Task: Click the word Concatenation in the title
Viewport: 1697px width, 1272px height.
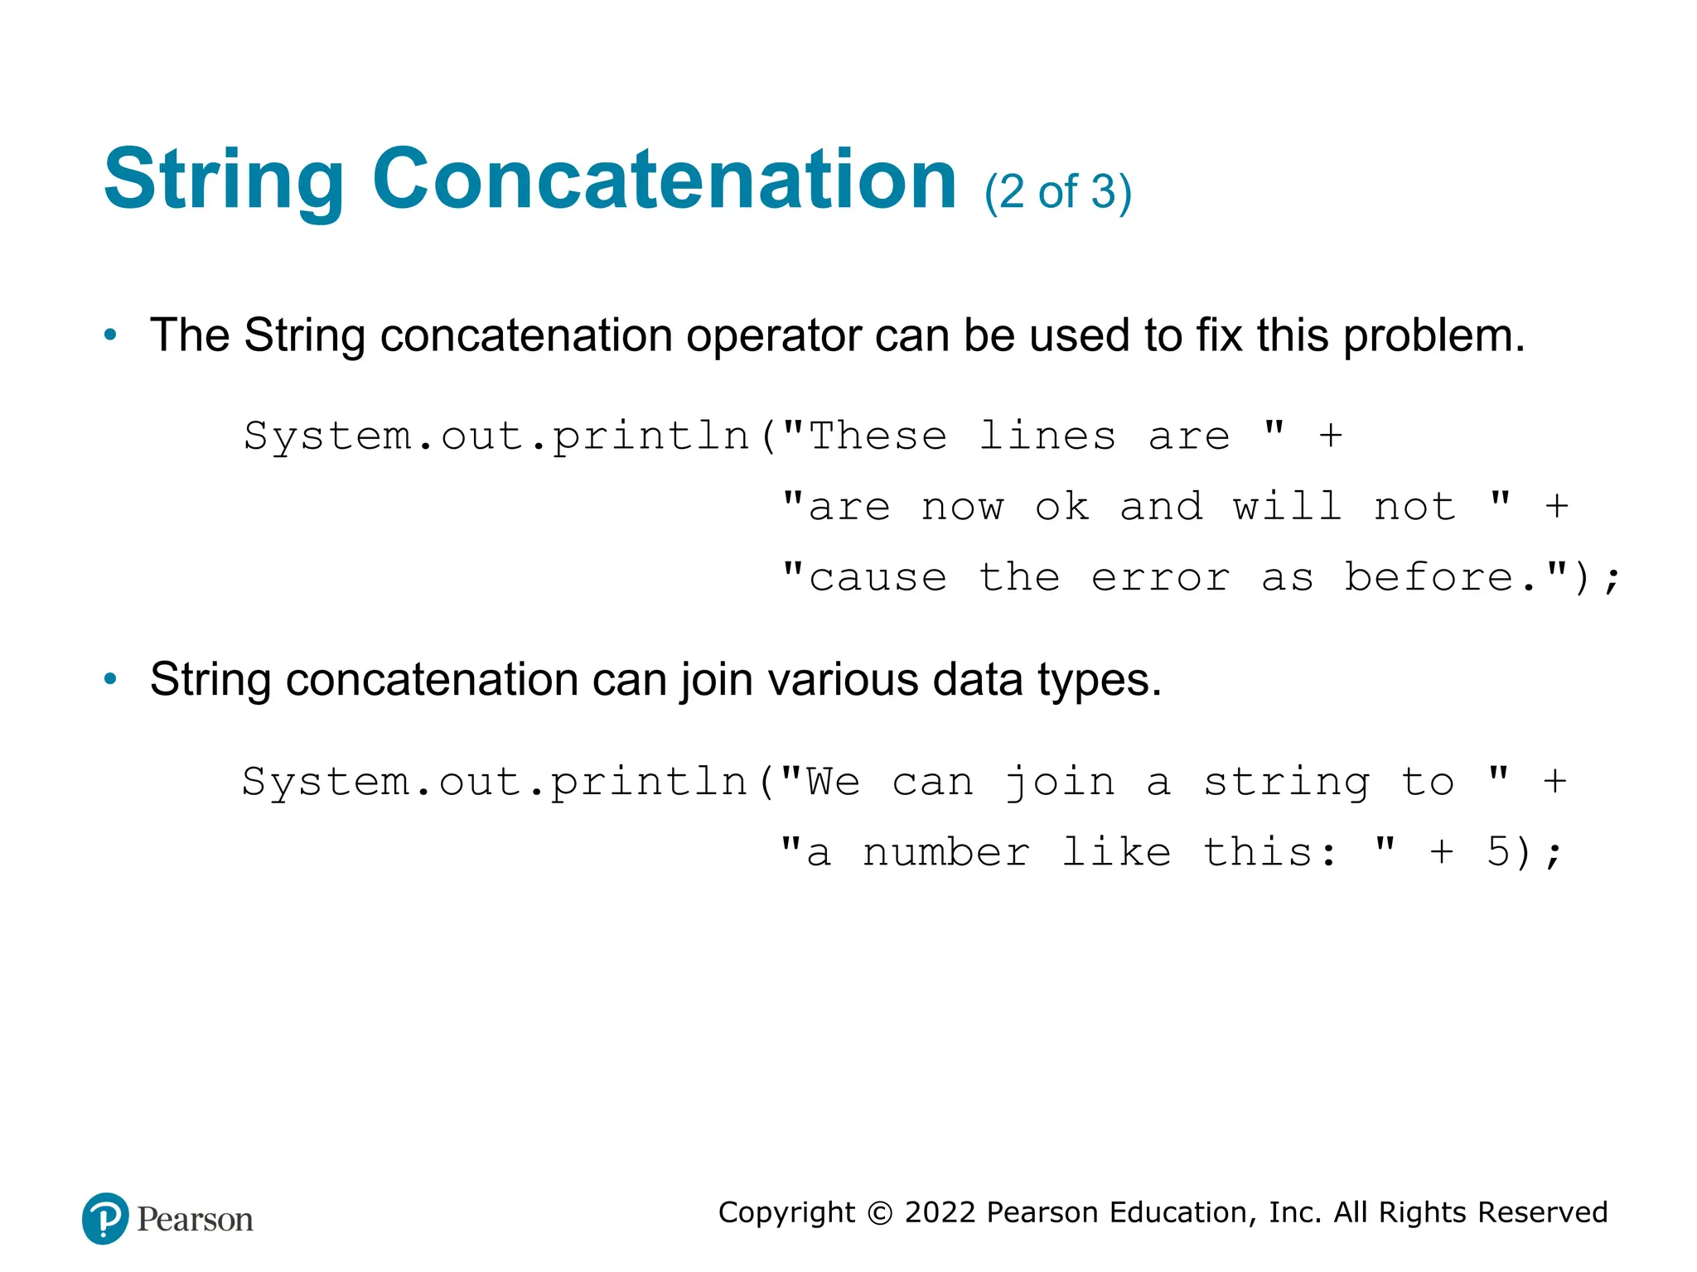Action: click(x=665, y=180)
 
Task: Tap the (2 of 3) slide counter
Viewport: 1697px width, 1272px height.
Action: click(x=1057, y=192)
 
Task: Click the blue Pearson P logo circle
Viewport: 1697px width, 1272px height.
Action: click(x=105, y=1218)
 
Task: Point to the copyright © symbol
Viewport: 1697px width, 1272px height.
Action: click(x=879, y=1213)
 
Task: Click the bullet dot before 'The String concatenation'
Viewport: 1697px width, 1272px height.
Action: click(x=110, y=336)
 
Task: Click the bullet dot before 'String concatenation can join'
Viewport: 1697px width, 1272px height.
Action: click(x=110, y=680)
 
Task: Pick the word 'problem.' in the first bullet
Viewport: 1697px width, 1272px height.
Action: click(x=1434, y=336)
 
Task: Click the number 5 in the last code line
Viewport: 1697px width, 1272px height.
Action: click(x=1498, y=851)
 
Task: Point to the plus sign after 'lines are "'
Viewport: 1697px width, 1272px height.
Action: click(x=1331, y=436)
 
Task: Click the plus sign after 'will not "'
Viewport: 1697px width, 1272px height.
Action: click(x=1557, y=506)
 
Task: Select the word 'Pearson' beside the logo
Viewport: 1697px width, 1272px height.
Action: click(x=195, y=1220)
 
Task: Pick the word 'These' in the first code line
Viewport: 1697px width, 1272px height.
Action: click(x=878, y=436)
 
